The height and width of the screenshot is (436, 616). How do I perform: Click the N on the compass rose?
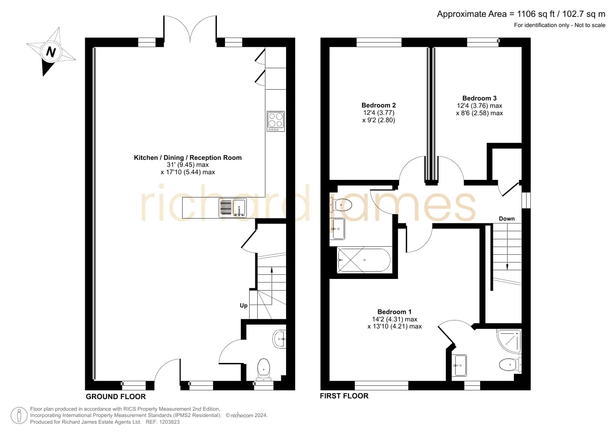51,52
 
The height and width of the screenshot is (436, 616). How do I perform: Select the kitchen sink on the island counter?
232,208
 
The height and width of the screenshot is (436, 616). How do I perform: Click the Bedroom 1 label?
395,312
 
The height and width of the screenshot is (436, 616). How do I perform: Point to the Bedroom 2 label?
379,105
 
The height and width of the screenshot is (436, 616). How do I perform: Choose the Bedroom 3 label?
479,98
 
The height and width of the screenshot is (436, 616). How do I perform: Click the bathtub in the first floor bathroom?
364,260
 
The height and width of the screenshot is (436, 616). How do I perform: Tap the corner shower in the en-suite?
509,341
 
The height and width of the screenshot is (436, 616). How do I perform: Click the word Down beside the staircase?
507,219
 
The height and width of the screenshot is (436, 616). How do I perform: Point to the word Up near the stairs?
244,306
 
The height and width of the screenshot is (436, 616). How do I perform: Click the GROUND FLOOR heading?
116,397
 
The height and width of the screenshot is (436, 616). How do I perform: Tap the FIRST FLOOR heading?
344,396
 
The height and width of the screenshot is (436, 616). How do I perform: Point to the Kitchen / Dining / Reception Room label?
188,158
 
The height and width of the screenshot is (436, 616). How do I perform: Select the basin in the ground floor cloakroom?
280,339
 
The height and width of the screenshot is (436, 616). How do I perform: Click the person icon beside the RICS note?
19,416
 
